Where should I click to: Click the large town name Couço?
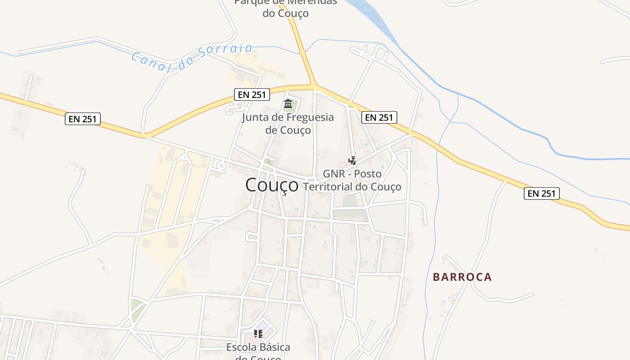pos(272,185)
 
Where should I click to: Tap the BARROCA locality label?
pos(462,277)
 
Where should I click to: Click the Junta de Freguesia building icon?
pos(288,104)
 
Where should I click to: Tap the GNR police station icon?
pos(352,160)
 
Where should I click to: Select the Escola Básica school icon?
pos(258,333)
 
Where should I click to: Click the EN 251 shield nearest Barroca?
pos(541,193)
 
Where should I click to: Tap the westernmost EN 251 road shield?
pos(82,119)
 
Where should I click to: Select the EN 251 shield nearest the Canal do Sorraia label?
pos(252,94)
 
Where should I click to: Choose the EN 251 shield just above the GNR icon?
pos(379,117)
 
